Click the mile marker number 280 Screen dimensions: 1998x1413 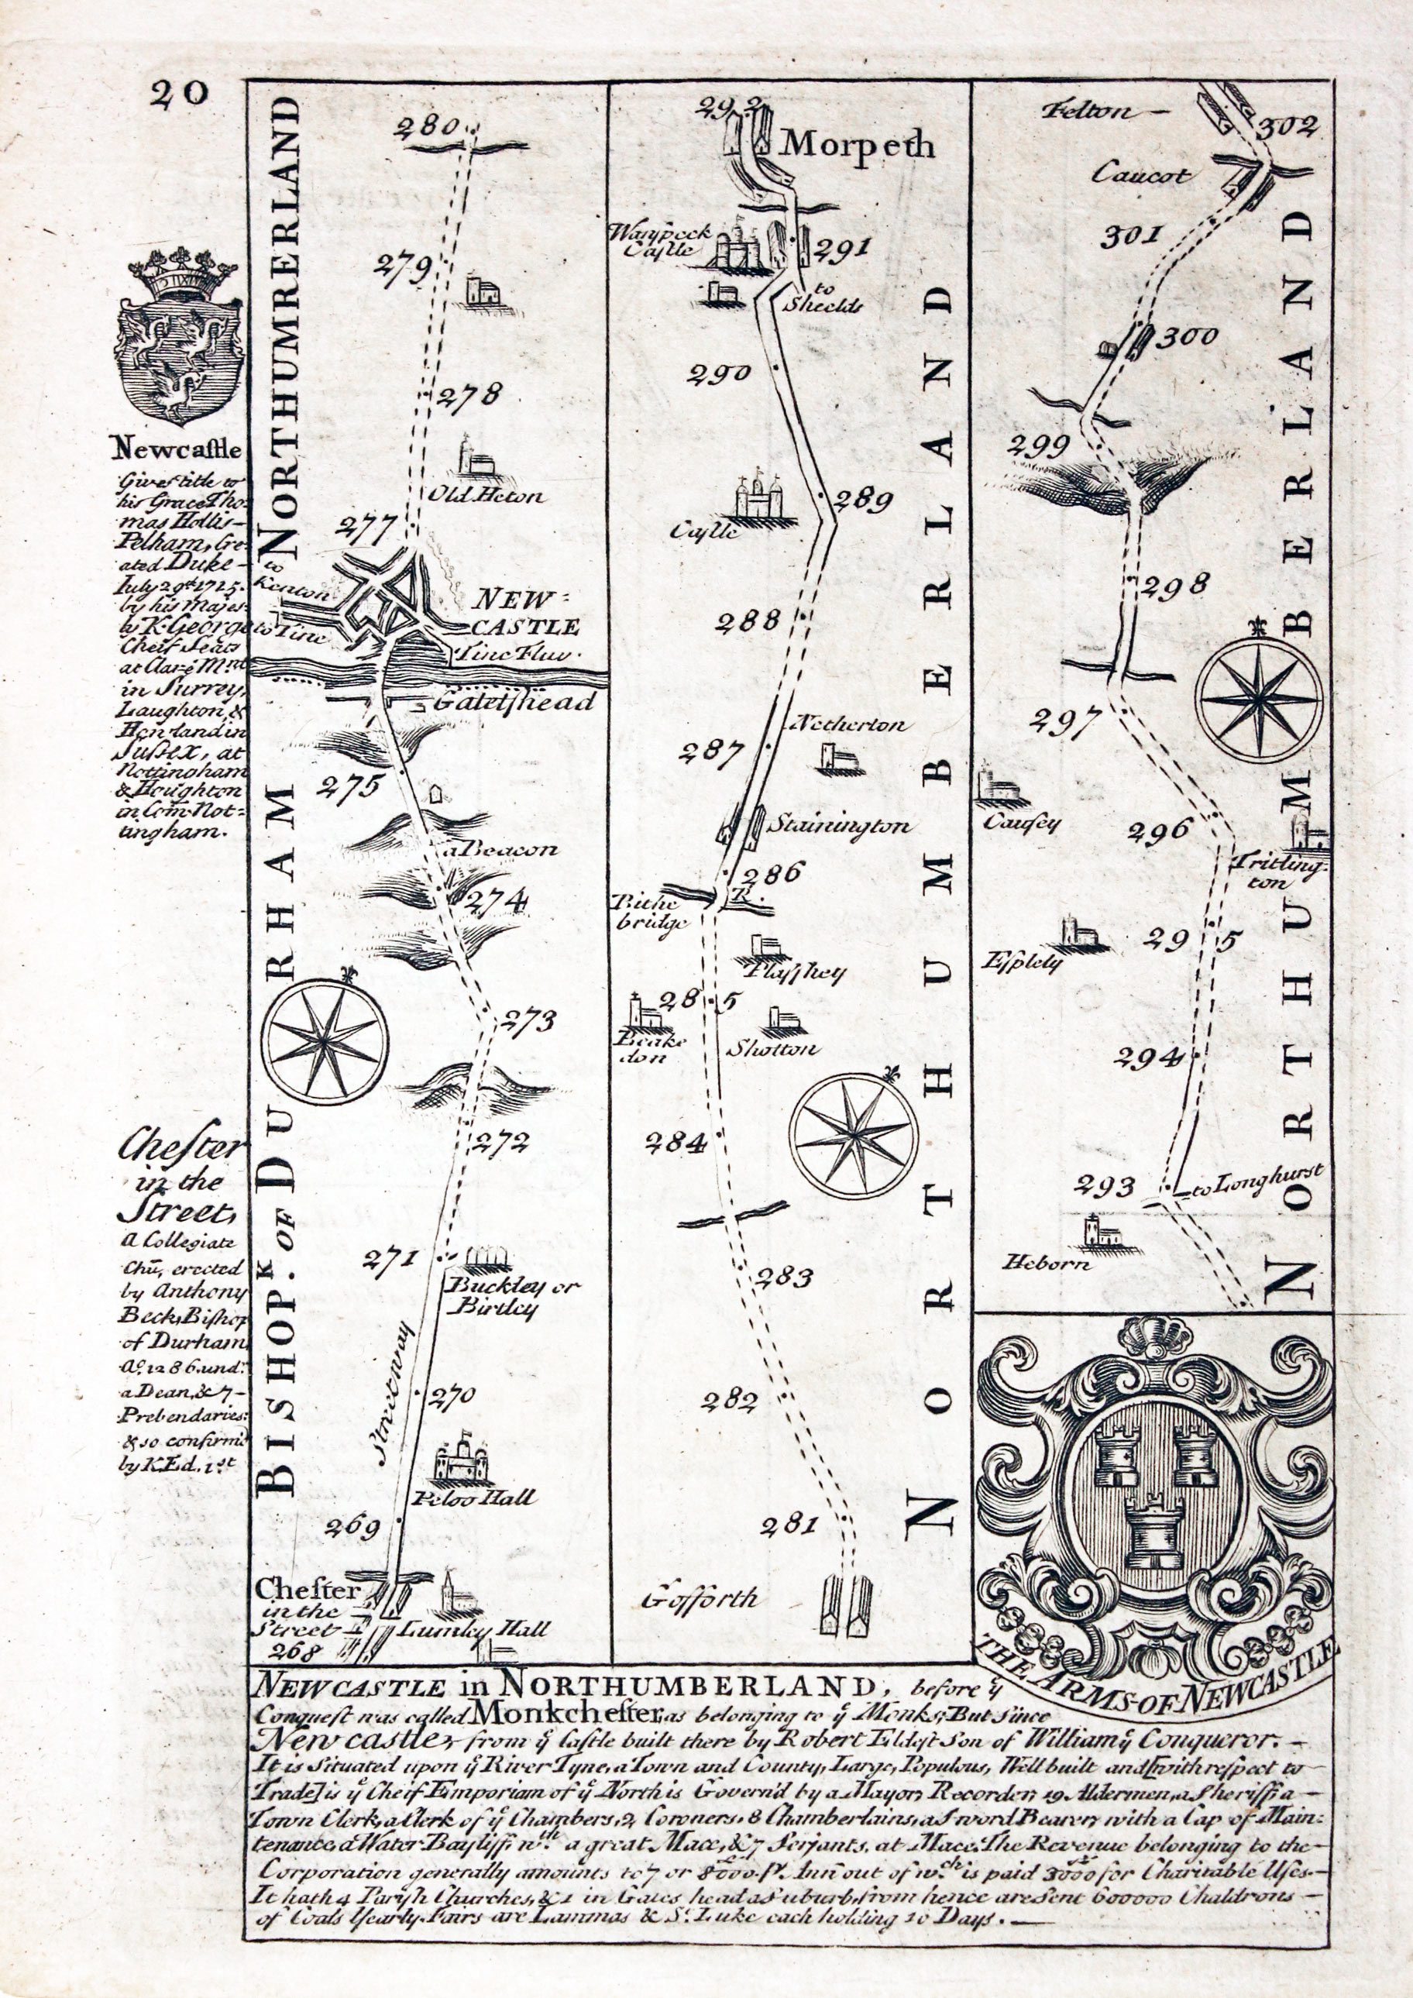click(426, 129)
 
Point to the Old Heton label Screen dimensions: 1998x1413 click(486, 496)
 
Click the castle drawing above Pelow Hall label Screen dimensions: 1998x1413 click(462, 1460)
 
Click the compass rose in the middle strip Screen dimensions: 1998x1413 click(854, 1136)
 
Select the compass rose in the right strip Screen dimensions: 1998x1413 click(1258, 698)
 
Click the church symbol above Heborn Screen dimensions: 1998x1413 click(1092, 1233)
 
